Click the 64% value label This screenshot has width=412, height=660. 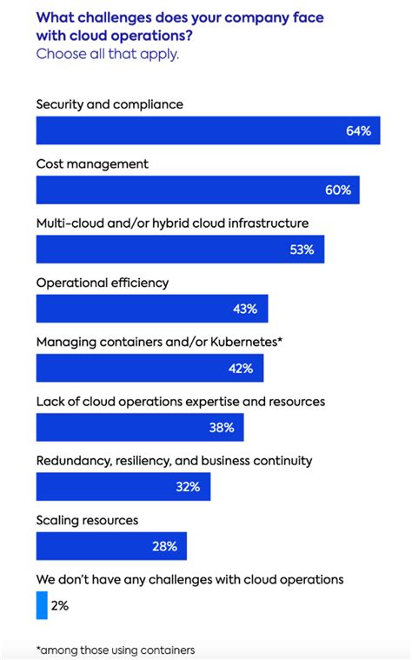pyautogui.click(x=358, y=130)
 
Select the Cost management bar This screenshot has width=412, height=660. pyautogui.click(x=197, y=190)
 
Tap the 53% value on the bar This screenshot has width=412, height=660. pyautogui.click(x=302, y=250)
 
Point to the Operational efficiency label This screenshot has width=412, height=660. pyautogui.click(x=103, y=283)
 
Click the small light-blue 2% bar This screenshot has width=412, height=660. pyautogui.click(x=42, y=605)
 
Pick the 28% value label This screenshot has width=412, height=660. pyautogui.click(x=164, y=546)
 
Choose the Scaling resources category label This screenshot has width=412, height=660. pyautogui.click(x=87, y=520)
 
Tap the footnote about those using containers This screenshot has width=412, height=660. pyautogui.click(x=115, y=650)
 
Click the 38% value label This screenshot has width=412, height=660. pyautogui.click(x=221, y=427)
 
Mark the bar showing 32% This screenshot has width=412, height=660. pyautogui.click(x=123, y=486)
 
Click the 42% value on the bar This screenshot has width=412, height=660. pyautogui.click(x=241, y=368)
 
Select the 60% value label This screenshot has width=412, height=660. pyautogui.click(x=338, y=190)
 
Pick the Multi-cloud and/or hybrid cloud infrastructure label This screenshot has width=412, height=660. pyautogui.click(x=172, y=223)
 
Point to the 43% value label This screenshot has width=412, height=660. pyautogui.click(x=245, y=309)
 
